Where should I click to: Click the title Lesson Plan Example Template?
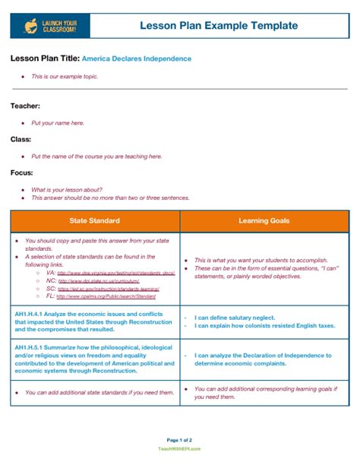click(x=219, y=27)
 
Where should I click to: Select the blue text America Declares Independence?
click(x=137, y=59)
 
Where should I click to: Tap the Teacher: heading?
click(x=25, y=106)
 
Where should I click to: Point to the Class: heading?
click(x=21, y=139)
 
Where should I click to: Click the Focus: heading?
click(x=22, y=172)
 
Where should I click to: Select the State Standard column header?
click(x=94, y=221)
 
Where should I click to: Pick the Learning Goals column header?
click(x=264, y=221)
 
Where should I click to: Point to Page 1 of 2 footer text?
click(x=179, y=440)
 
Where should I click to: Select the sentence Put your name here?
click(x=58, y=122)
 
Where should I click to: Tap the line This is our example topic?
click(x=65, y=77)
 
